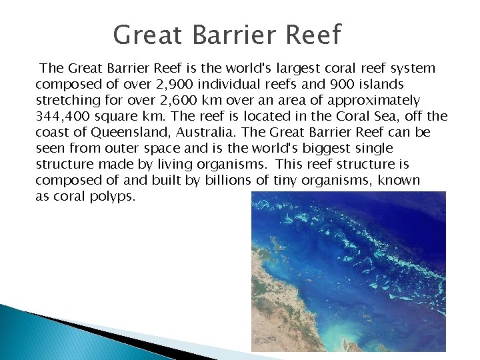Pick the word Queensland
124,132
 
